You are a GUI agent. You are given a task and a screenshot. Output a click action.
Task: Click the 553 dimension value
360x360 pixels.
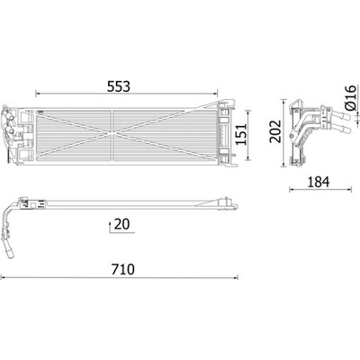coord(119,86)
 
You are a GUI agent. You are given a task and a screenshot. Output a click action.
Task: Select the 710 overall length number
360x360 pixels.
coord(123,269)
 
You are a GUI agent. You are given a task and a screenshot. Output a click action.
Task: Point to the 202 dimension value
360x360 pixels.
coord(274,131)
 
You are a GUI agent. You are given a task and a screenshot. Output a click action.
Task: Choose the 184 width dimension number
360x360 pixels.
coord(318,182)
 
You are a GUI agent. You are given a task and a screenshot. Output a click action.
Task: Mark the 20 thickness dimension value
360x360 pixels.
coord(122,224)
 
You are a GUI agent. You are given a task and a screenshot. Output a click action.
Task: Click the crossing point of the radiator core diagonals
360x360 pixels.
coord(112,133)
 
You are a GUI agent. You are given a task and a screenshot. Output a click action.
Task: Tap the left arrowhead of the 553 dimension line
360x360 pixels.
coord(38,94)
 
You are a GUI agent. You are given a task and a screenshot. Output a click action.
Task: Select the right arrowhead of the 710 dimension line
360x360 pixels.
coord(236,277)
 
